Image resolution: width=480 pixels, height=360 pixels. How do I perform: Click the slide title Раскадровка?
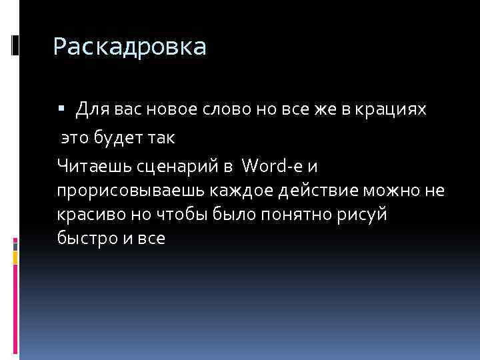[130, 47]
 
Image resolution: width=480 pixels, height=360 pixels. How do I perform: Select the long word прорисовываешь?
[131, 191]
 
